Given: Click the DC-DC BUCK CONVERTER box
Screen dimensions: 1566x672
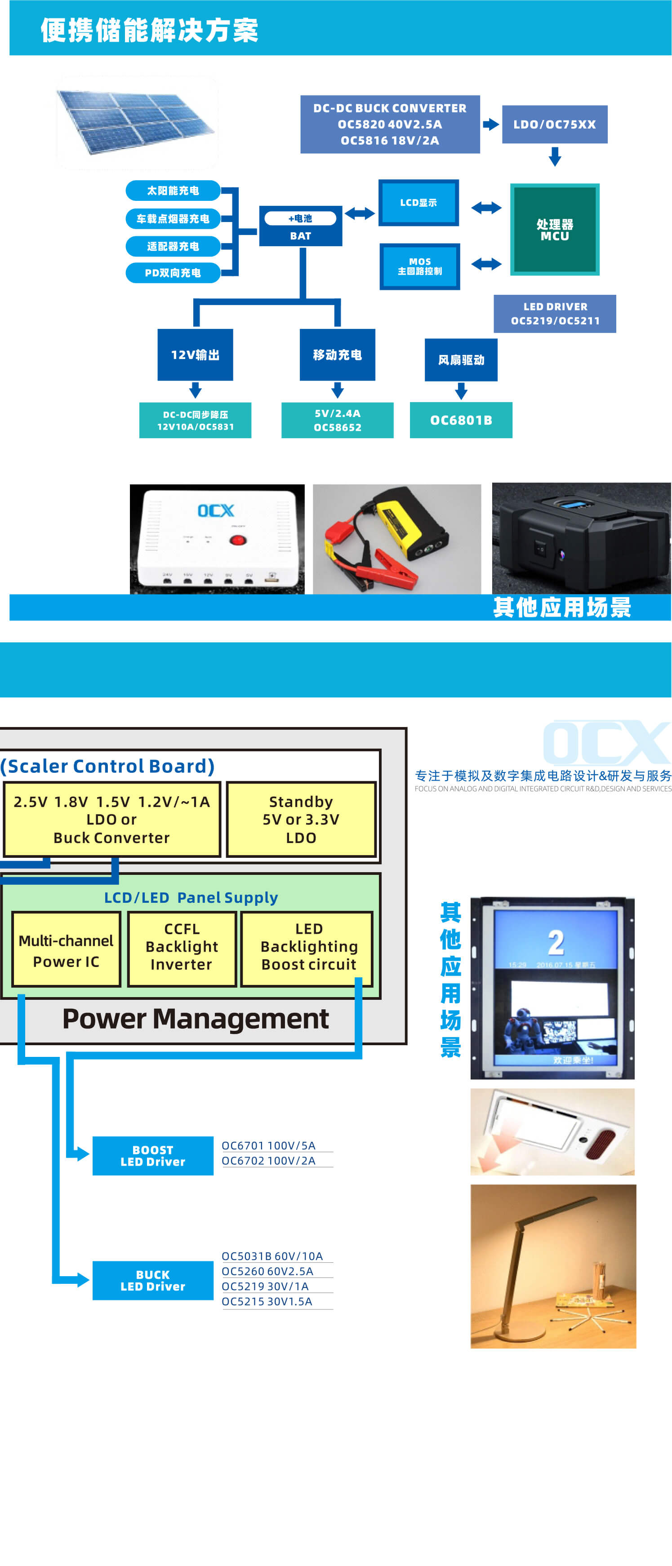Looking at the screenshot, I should coord(390,124).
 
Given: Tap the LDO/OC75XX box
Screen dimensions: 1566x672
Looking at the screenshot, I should coord(554,124).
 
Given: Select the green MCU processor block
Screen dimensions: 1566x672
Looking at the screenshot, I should coord(554,230).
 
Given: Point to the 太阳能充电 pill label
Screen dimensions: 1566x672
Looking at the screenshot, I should coord(173,190).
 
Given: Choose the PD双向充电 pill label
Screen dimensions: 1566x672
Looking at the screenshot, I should coord(173,273).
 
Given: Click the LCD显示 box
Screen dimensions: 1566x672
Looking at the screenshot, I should coord(418,203).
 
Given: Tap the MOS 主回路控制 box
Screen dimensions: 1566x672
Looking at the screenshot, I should coord(420,266).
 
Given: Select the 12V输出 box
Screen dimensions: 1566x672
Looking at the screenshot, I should coord(195,355).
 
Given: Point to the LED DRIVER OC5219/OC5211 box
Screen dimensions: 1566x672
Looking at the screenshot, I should coord(555,314).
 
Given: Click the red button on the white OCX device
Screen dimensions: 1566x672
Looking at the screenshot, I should coord(237,540).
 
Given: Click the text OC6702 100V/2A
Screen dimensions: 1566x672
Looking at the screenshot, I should coord(268,1161).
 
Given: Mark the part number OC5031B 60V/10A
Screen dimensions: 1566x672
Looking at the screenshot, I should coord(272,1256).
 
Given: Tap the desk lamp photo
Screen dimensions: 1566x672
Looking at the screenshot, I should coord(553,1266).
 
